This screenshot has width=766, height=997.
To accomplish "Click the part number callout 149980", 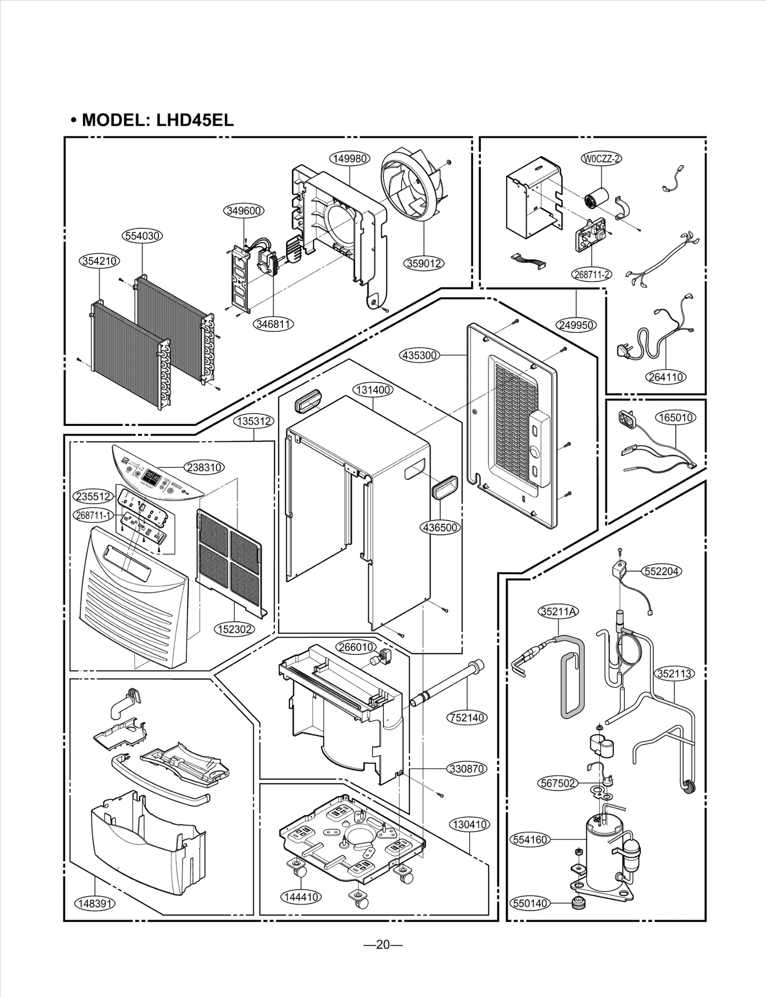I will coord(349,159).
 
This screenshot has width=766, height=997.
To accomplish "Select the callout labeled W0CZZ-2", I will coord(601,158).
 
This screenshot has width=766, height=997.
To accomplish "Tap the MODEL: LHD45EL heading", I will coord(153,120).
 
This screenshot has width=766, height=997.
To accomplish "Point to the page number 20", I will coord(383,944).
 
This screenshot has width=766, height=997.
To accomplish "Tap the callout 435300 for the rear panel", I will coord(419,355).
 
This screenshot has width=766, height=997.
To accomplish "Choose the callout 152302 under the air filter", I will coord(235,629).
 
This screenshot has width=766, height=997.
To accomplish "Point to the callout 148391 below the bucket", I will coord(95,903).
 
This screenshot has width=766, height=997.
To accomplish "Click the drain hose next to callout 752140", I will coord(448,687).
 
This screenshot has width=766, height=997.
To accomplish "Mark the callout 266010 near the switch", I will coord(356,647).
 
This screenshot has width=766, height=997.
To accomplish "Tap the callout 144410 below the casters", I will coord(301,897).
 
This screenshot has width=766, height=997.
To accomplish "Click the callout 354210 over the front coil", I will coord(99,261).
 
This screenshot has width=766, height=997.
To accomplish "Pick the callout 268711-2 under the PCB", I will coord(592,274).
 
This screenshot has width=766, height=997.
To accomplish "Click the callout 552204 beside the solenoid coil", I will coord(662,571).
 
